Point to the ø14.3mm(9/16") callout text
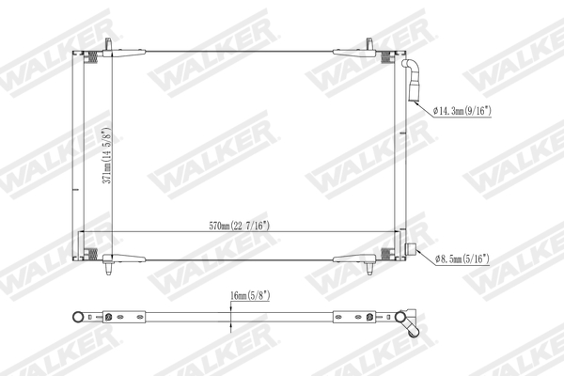point(473,111)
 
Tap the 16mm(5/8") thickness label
point(249,296)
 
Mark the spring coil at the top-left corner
point(93,59)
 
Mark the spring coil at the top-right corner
point(387,59)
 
